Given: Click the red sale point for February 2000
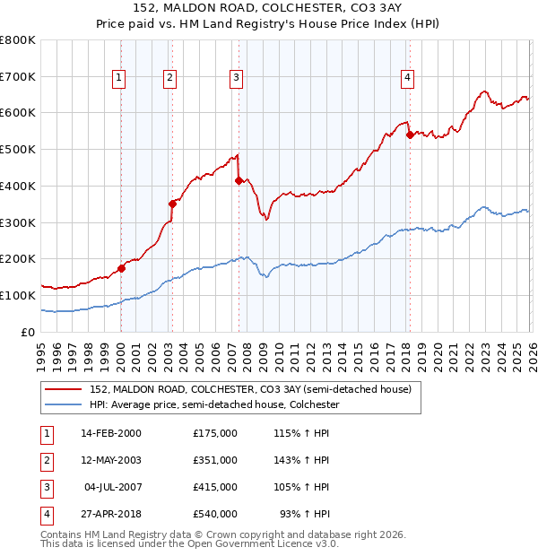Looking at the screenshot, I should [x=121, y=267].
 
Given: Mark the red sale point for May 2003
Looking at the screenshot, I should [x=172, y=203].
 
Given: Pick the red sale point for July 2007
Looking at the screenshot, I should [x=239, y=180].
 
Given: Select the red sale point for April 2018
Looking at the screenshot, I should [x=410, y=135].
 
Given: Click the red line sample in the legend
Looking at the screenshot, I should [x=62, y=389].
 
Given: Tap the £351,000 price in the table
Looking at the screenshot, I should [x=214, y=460].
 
